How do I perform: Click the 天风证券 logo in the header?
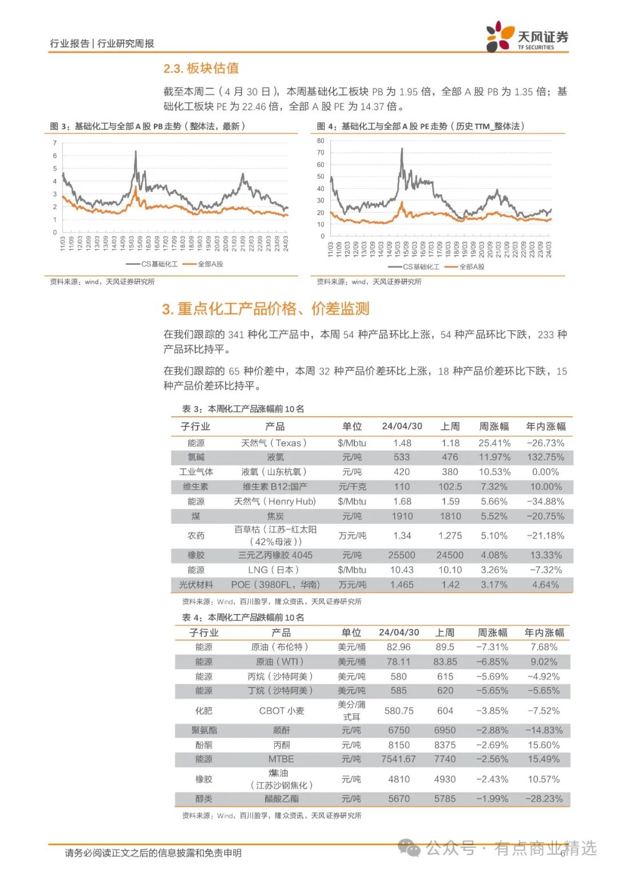coord(527,37)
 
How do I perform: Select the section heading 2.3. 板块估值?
coord(201,69)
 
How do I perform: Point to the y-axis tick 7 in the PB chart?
coord(55,143)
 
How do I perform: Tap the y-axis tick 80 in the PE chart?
coord(320,141)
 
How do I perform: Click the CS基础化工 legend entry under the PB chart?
coord(153,264)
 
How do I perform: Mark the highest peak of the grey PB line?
coord(135,152)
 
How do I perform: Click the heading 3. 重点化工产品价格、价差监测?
coord(266,309)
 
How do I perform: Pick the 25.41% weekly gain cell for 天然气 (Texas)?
coord(494,443)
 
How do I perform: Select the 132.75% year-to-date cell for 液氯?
coord(545,457)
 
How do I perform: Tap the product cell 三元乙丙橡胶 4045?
coord(275,555)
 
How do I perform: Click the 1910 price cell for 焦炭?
coord(402,516)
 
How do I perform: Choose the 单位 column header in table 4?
coord(351,633)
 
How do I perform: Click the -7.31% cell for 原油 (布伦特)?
coord(492,647)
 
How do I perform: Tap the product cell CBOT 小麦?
coord(282,711)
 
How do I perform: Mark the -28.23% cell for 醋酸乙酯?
coord(544,799)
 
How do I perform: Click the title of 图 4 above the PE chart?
coord(420,126)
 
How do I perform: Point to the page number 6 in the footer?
coord(563,853)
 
